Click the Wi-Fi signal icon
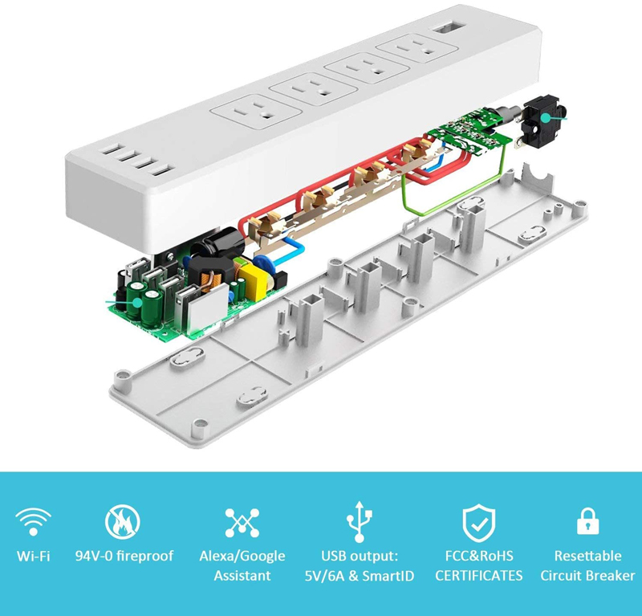point(33,521)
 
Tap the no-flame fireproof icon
point(123,522)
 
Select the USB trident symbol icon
point(359,521)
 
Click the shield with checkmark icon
point(478,524)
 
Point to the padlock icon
point(587,521)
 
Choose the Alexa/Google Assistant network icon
point(242,523)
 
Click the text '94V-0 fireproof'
point(124,556)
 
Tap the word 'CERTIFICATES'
point(478,575)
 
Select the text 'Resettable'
point(587,556)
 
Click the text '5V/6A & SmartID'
point(360,576)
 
